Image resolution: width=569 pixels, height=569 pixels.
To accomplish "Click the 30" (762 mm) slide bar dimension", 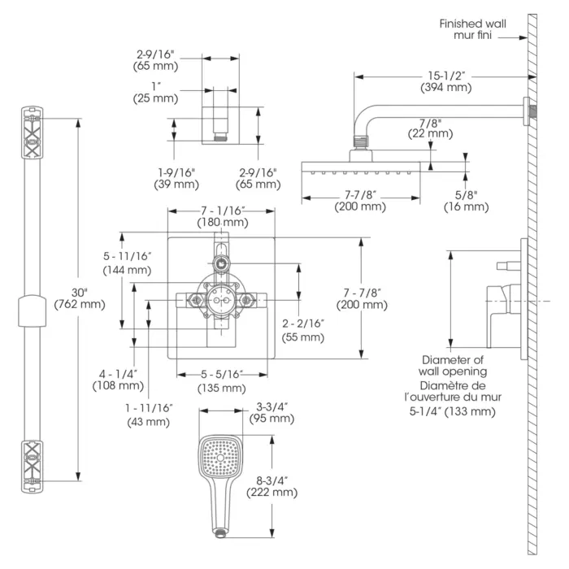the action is [80, 298].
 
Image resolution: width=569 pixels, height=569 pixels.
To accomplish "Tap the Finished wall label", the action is [472, 24].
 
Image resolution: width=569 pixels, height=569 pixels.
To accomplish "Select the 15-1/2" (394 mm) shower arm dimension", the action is [446, 81].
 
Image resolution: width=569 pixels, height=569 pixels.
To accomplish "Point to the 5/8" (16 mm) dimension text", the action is [467, 201].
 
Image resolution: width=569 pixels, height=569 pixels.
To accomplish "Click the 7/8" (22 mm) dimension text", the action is [430, 128].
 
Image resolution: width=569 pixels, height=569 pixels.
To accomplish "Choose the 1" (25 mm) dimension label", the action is [156, 93].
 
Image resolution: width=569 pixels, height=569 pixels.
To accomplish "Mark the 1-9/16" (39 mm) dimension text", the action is [176, 178].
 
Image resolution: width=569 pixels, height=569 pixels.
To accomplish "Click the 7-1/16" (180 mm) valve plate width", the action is [223, 216].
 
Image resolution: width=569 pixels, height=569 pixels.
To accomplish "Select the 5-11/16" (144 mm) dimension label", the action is [127, 263].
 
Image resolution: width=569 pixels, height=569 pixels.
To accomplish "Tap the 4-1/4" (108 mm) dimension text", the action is [119, 380].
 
